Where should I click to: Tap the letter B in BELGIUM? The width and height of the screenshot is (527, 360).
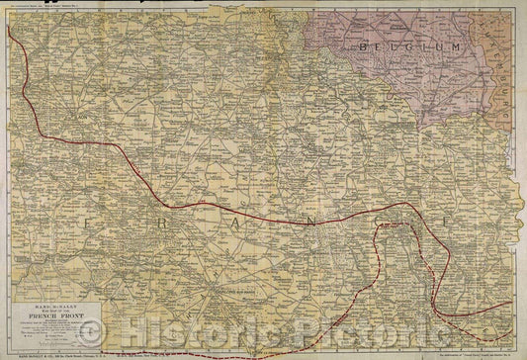[x=363, y=46]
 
